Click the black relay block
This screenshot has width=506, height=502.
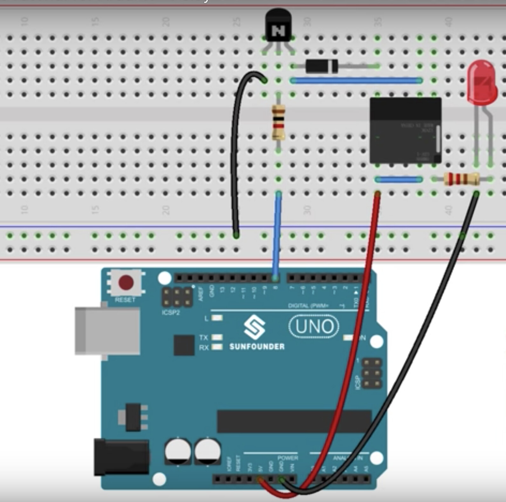point(405,130)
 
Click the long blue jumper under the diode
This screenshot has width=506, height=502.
point(356,81)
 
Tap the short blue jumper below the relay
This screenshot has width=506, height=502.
point(399,180)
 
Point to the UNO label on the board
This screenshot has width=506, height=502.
point(314,326)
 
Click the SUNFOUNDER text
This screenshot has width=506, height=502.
point(257,346)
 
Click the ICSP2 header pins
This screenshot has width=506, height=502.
point(177,297)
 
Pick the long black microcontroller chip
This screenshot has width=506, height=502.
point(294,421)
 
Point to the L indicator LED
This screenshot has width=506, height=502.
point(217,318)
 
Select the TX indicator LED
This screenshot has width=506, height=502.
point(217,337)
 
